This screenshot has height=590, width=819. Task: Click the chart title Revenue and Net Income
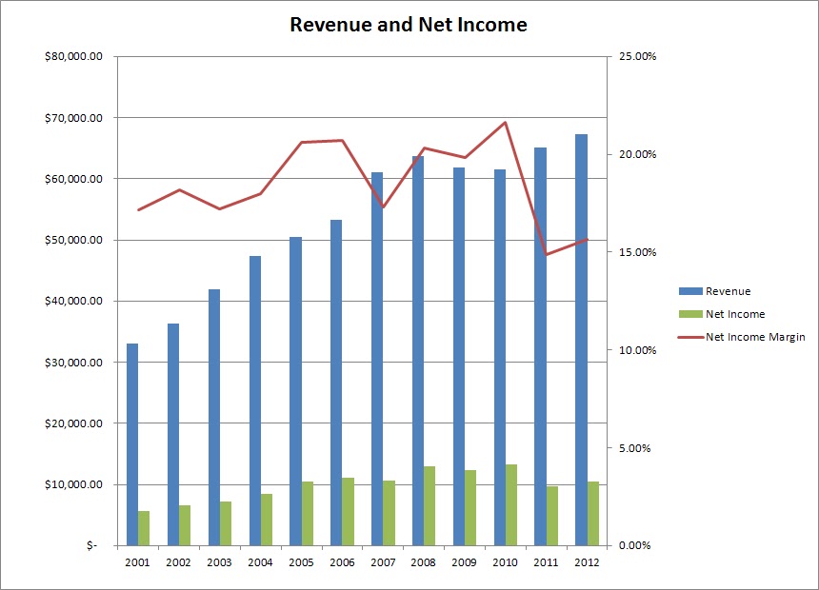(408, 25)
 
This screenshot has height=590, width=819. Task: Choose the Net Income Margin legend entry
(755, 337)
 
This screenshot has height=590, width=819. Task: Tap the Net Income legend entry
(734, 314)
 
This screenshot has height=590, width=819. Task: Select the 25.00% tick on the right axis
(637, 57)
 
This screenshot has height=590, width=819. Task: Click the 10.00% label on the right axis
(637, 350)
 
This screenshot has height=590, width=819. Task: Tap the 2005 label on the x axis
(301, 562)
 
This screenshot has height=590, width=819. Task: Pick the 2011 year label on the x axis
(546, 562)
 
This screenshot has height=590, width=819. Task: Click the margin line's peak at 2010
(506, 122)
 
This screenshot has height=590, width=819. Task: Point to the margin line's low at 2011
(547, 254)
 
